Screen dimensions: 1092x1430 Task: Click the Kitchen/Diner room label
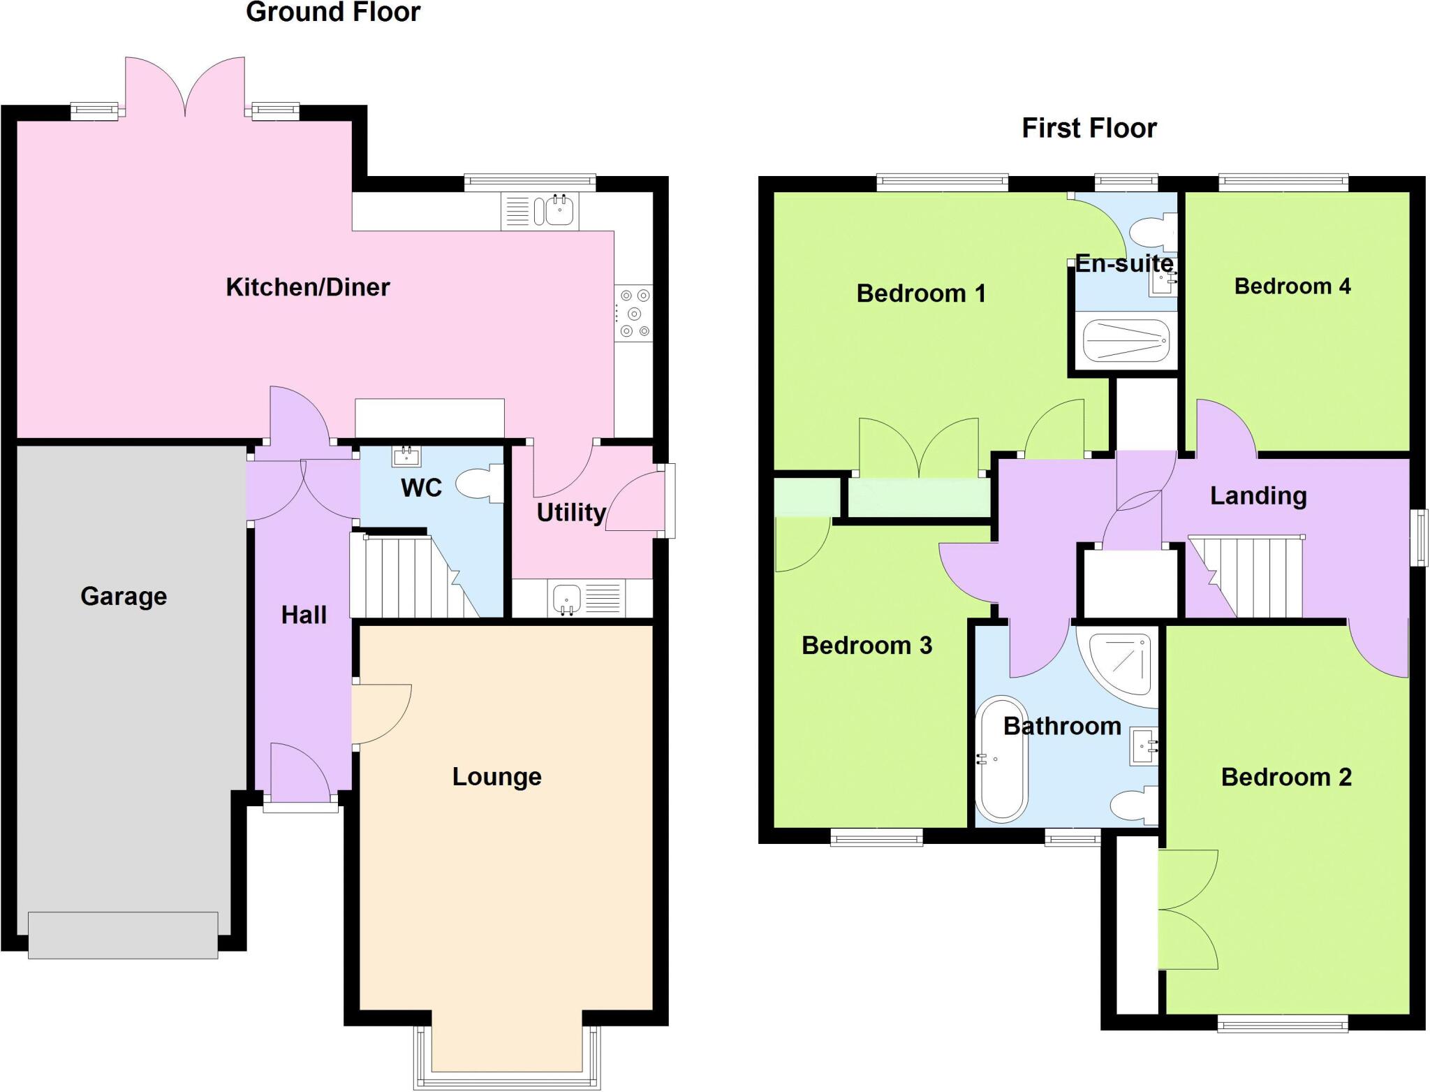pyautogui.click(x=307, y=287)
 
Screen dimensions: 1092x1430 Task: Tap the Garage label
pyautogui.click(x=124, y=596)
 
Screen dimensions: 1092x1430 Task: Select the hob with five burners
pyautogui.click(x=633, y=313)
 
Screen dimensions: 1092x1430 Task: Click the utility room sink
pyautogui.click(x=568, y=599)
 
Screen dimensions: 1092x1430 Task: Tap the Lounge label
pyautogui.click(x=496, y=776)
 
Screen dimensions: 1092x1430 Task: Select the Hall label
pyautogui.click(x=304, y=615)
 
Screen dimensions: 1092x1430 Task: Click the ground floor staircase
pyautogui.click(x=412, y=576)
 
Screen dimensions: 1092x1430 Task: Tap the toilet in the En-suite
pyautogui.click(x=1153, y=233)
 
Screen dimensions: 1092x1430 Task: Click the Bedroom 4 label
pyautogui.click(x=1292, y=286)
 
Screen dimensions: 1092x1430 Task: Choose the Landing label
pyautogui.click(x=1258, y=495)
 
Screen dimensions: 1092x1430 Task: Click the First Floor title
pyautogui.click(x=1089, y=129)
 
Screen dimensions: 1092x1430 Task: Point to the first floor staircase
pyautogui.click(x=1250, y=576)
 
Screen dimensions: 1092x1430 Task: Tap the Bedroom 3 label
pyautogui.click(x=867, y=646)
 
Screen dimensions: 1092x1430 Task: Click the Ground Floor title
pyautogui.click(x=333, y=12)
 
